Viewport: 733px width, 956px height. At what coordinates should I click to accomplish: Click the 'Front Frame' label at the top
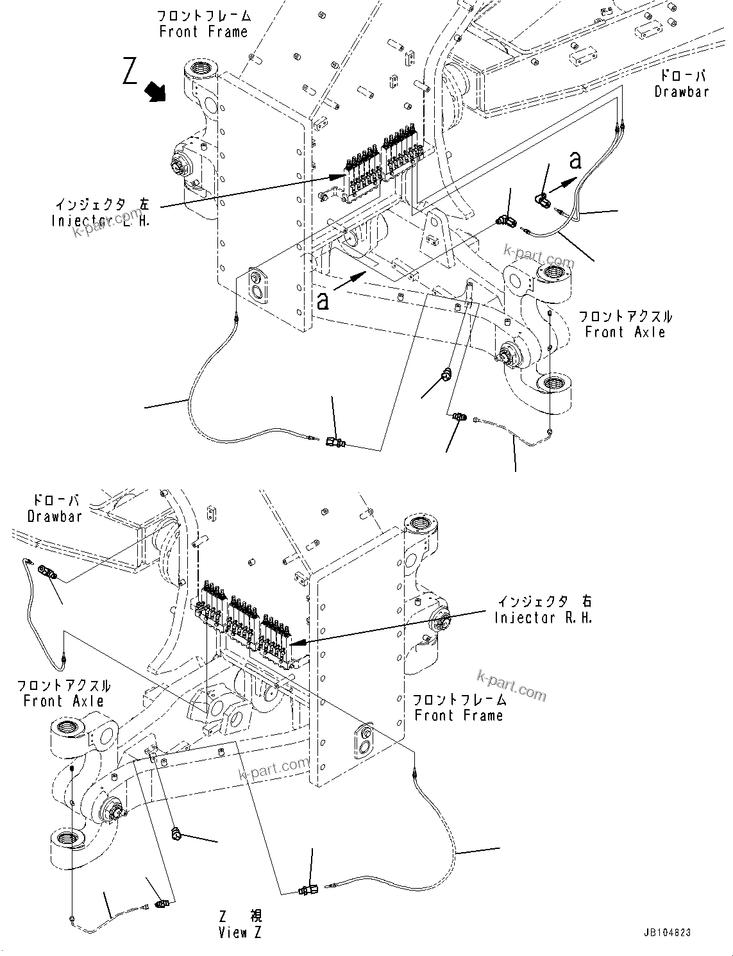click(x=203, y=31)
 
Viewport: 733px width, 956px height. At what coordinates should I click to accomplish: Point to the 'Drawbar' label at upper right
click(x=681, y=92)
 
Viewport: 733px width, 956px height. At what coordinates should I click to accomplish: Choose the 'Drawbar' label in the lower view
click(x=55, y=516)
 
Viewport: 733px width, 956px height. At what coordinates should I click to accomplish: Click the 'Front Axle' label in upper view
click(x=625, y=332)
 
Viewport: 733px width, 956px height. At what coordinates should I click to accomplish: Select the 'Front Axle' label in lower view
click(x=63, y=701)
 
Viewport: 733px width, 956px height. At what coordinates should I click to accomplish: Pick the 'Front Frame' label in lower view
click(x=459, y=715)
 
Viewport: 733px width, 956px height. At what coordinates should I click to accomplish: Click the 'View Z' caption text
click(x=240, y=933)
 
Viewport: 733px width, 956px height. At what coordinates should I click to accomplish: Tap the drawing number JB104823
click(x=665, y=933)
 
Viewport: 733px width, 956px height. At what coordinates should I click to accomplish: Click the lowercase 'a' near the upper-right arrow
click(x=575, y=160)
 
